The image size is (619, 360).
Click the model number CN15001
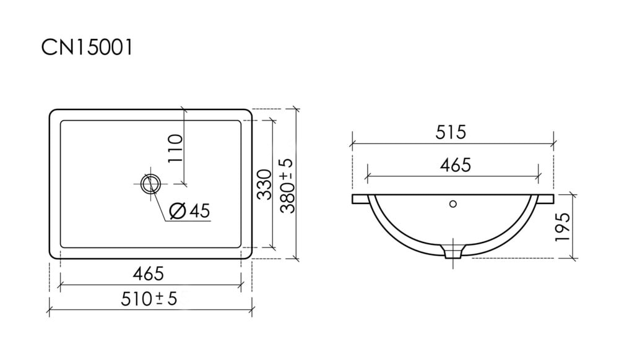(87, 48)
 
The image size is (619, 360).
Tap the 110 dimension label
(175, 148)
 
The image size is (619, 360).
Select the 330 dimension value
(264, 184)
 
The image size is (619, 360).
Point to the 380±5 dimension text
(287, 186)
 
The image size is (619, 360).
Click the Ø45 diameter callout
(189, 211)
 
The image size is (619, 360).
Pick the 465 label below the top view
(148, 273)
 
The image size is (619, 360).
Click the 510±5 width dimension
(149, 299)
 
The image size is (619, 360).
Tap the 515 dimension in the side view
(451, 132)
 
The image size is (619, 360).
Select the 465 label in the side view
(455, 165)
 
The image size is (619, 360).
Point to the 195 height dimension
(563, 228)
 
